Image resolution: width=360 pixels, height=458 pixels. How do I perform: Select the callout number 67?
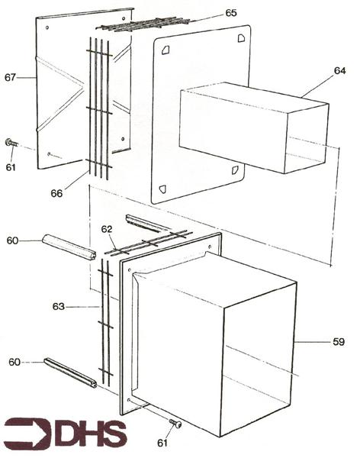tap(11, 76)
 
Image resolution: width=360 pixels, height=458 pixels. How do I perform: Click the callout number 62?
tap(107, 227)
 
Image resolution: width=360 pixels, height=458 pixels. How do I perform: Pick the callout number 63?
tap(58, 307)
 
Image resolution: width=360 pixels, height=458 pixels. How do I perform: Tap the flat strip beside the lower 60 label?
tap(70, 372)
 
